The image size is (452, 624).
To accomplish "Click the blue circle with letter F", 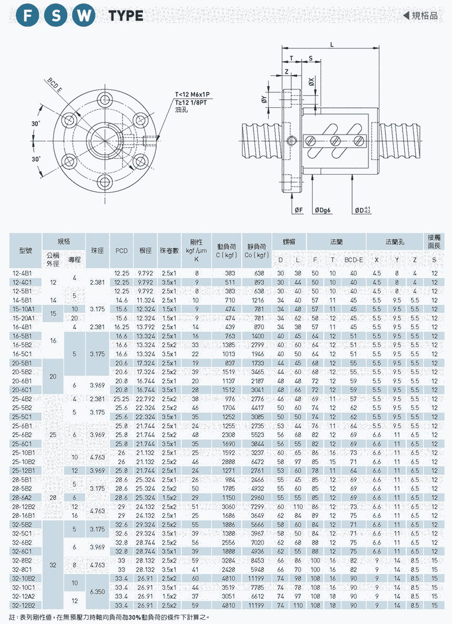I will click(x=28, y=16).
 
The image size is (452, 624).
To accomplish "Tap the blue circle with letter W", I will click(x=83, y=16).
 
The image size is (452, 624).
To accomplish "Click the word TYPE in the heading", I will click(x=126, y=16).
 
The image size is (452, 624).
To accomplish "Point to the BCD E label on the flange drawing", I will click(x=55, y=85).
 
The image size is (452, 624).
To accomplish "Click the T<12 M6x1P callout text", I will click(x=193, y=95).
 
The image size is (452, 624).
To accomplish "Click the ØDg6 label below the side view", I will click(x=323, y=210).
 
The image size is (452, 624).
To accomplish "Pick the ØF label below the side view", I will click(x=298, y=210).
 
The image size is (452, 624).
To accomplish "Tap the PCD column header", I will click(x=121, y=251).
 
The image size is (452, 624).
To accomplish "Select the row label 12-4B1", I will click(x=22, y=273).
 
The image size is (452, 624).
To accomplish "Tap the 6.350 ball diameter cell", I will click(x=97, y=592).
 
